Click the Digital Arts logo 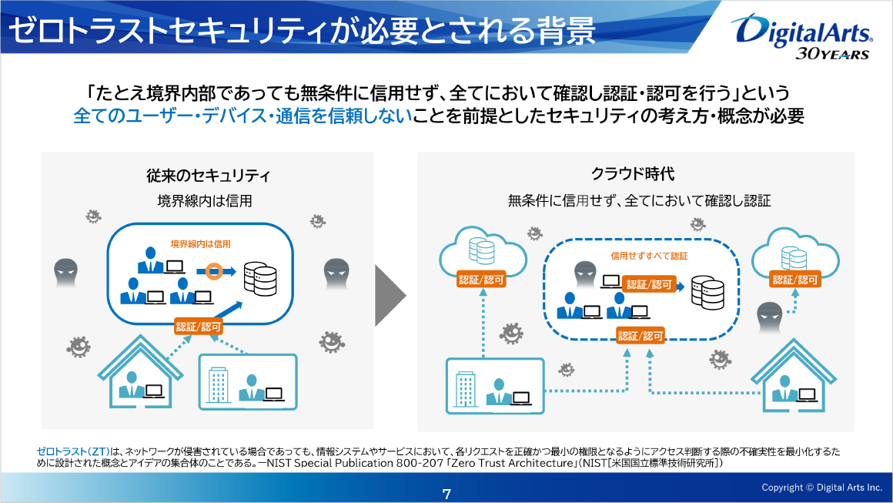[x=804, y=30]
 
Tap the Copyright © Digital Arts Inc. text [x=821, y=488]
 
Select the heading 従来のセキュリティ [x=208, y=176]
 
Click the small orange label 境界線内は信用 [x=200, y=243]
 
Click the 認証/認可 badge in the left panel [x=199, y=327]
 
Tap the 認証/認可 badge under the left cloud [x=481, y=280]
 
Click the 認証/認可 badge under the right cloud [x=796, y=280]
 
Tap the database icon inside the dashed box [x=707, y=291]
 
